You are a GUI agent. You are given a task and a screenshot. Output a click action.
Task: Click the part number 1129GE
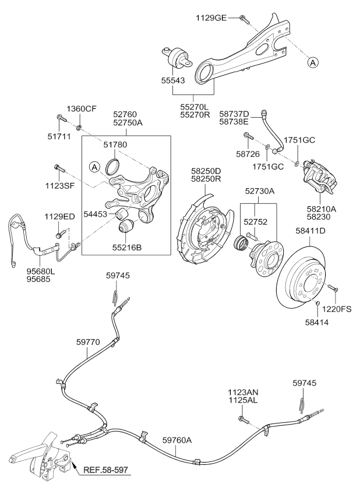click(x=211, y=17)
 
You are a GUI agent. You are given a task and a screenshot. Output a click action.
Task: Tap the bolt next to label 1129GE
click(x=244, y=19)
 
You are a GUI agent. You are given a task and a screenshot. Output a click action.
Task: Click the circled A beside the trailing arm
click(x=313, y=63)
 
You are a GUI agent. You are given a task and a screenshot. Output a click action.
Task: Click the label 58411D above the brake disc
click(x=310, y=231)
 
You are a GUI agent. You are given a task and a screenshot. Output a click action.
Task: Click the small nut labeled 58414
click(x=317, y=304)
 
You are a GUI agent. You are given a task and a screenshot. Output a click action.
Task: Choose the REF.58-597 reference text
click(x=105, y=470)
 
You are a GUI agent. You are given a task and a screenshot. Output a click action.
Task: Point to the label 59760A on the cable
click(x=177, y=440)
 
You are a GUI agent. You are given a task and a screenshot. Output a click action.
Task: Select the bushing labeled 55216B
click(x=126, y=227)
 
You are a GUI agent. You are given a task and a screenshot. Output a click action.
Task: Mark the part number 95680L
click(x=40, y=271)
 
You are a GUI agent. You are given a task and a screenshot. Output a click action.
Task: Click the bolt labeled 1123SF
click(x=59, y=168)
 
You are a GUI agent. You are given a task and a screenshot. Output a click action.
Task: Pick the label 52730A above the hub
click(x=260, y=191)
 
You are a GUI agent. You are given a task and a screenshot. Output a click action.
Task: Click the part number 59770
click(x=88, y=342)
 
